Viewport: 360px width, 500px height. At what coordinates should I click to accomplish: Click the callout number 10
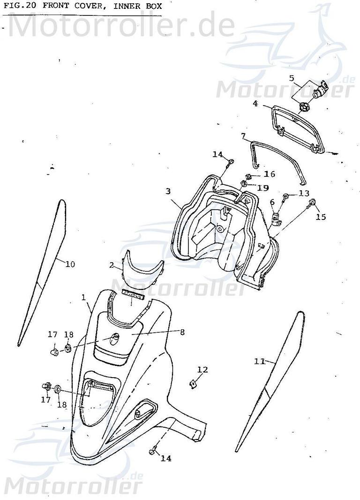click(x=69, y=264)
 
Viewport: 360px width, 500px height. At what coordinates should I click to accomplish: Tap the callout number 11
click(x=259, y=361)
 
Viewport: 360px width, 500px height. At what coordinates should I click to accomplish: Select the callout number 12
click(x=202, y=370)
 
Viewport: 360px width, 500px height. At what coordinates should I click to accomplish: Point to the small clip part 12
click(x=192, y=384)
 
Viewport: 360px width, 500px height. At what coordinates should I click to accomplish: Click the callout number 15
click(x=320, y=217)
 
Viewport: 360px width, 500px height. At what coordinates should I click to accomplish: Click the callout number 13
click(x=304, y=193)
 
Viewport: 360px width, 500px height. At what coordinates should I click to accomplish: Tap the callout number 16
click(x=269, y=174)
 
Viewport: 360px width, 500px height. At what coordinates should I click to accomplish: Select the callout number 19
click(x=262, y=188)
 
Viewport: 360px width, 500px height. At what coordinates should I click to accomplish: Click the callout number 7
click(x=243, y=136)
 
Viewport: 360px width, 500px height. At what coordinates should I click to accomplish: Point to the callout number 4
click(x=255, y=103)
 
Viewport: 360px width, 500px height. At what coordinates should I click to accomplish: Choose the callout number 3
click(x=168, y=191)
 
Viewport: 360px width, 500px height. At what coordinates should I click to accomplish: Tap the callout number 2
click(x=111, y=265)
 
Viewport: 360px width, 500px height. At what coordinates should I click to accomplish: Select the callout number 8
click(x=182, y=332)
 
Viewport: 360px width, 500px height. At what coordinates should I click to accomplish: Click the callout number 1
click(x=83, y=297)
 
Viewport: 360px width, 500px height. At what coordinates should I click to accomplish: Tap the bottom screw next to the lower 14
click(x=152, y=451)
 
